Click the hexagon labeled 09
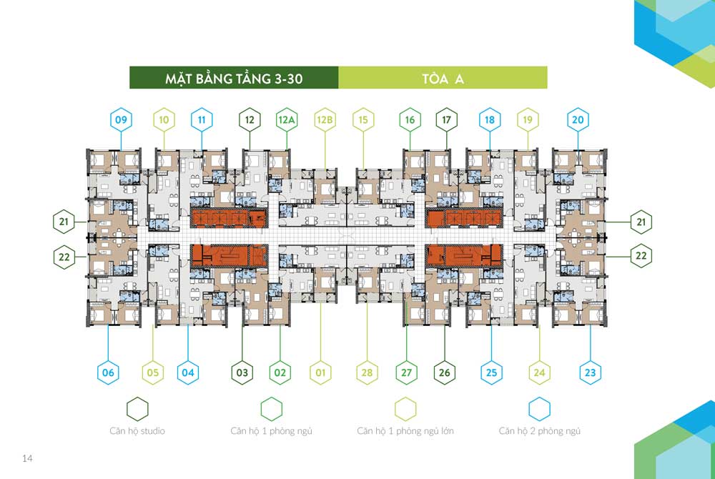[x=121, y=120]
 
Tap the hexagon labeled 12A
[x=287, y=120]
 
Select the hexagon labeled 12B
[x=325, y=120]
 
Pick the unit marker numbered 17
[x=446, y=120]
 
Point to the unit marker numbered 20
[x=578, y=120]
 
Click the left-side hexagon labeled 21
[x=64, y=222]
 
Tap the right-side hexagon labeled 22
[x=641, y=256]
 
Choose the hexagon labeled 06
[x=108, y=372]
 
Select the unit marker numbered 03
[x=242, y=372]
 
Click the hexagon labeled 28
[x=367, y=372]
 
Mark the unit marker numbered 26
[x=445, y=372]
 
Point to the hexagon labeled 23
[x=591, y=372]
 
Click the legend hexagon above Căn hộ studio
[x=137, y=409]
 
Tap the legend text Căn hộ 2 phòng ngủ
[x=539, y=430]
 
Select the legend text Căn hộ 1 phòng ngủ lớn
[x=405, y=430]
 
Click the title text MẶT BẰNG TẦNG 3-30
[x=234, y=79]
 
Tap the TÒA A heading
[x=443, y=79]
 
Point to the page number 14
[x=27, y=458]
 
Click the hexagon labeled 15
[x=363, y=120]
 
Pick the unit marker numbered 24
[x=539, y=372]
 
